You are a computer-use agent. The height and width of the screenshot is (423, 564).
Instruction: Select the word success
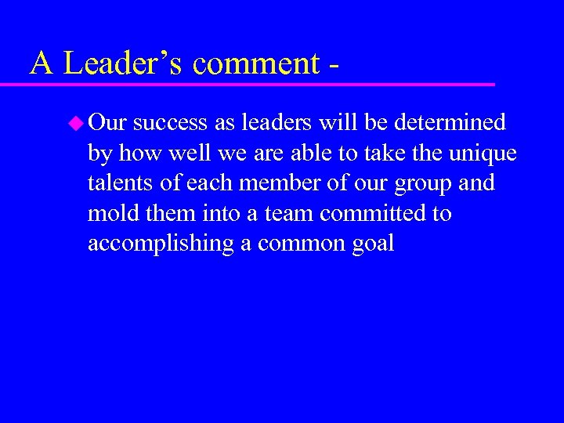pyautogui.click(x=170, y=123)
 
